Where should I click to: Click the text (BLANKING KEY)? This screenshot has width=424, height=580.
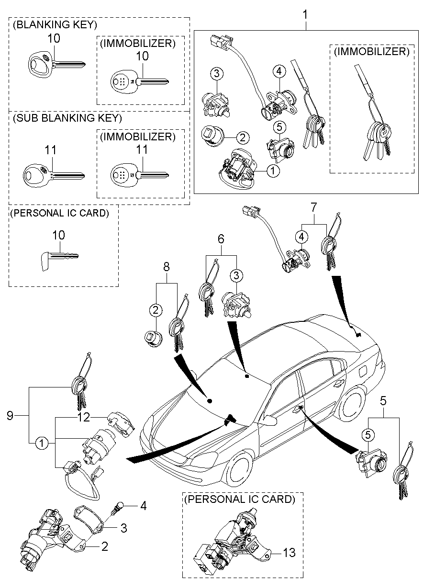(x=55, y=24)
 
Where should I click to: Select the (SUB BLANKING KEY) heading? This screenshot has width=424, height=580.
(x=67, y=118)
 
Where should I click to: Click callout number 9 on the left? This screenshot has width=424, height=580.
(x=10, y=415)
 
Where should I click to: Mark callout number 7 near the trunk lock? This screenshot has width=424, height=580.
(x=313, y=208)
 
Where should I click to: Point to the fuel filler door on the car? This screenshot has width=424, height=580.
(x=362, y=370)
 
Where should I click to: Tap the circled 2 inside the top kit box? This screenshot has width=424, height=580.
(x=243, y=138)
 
